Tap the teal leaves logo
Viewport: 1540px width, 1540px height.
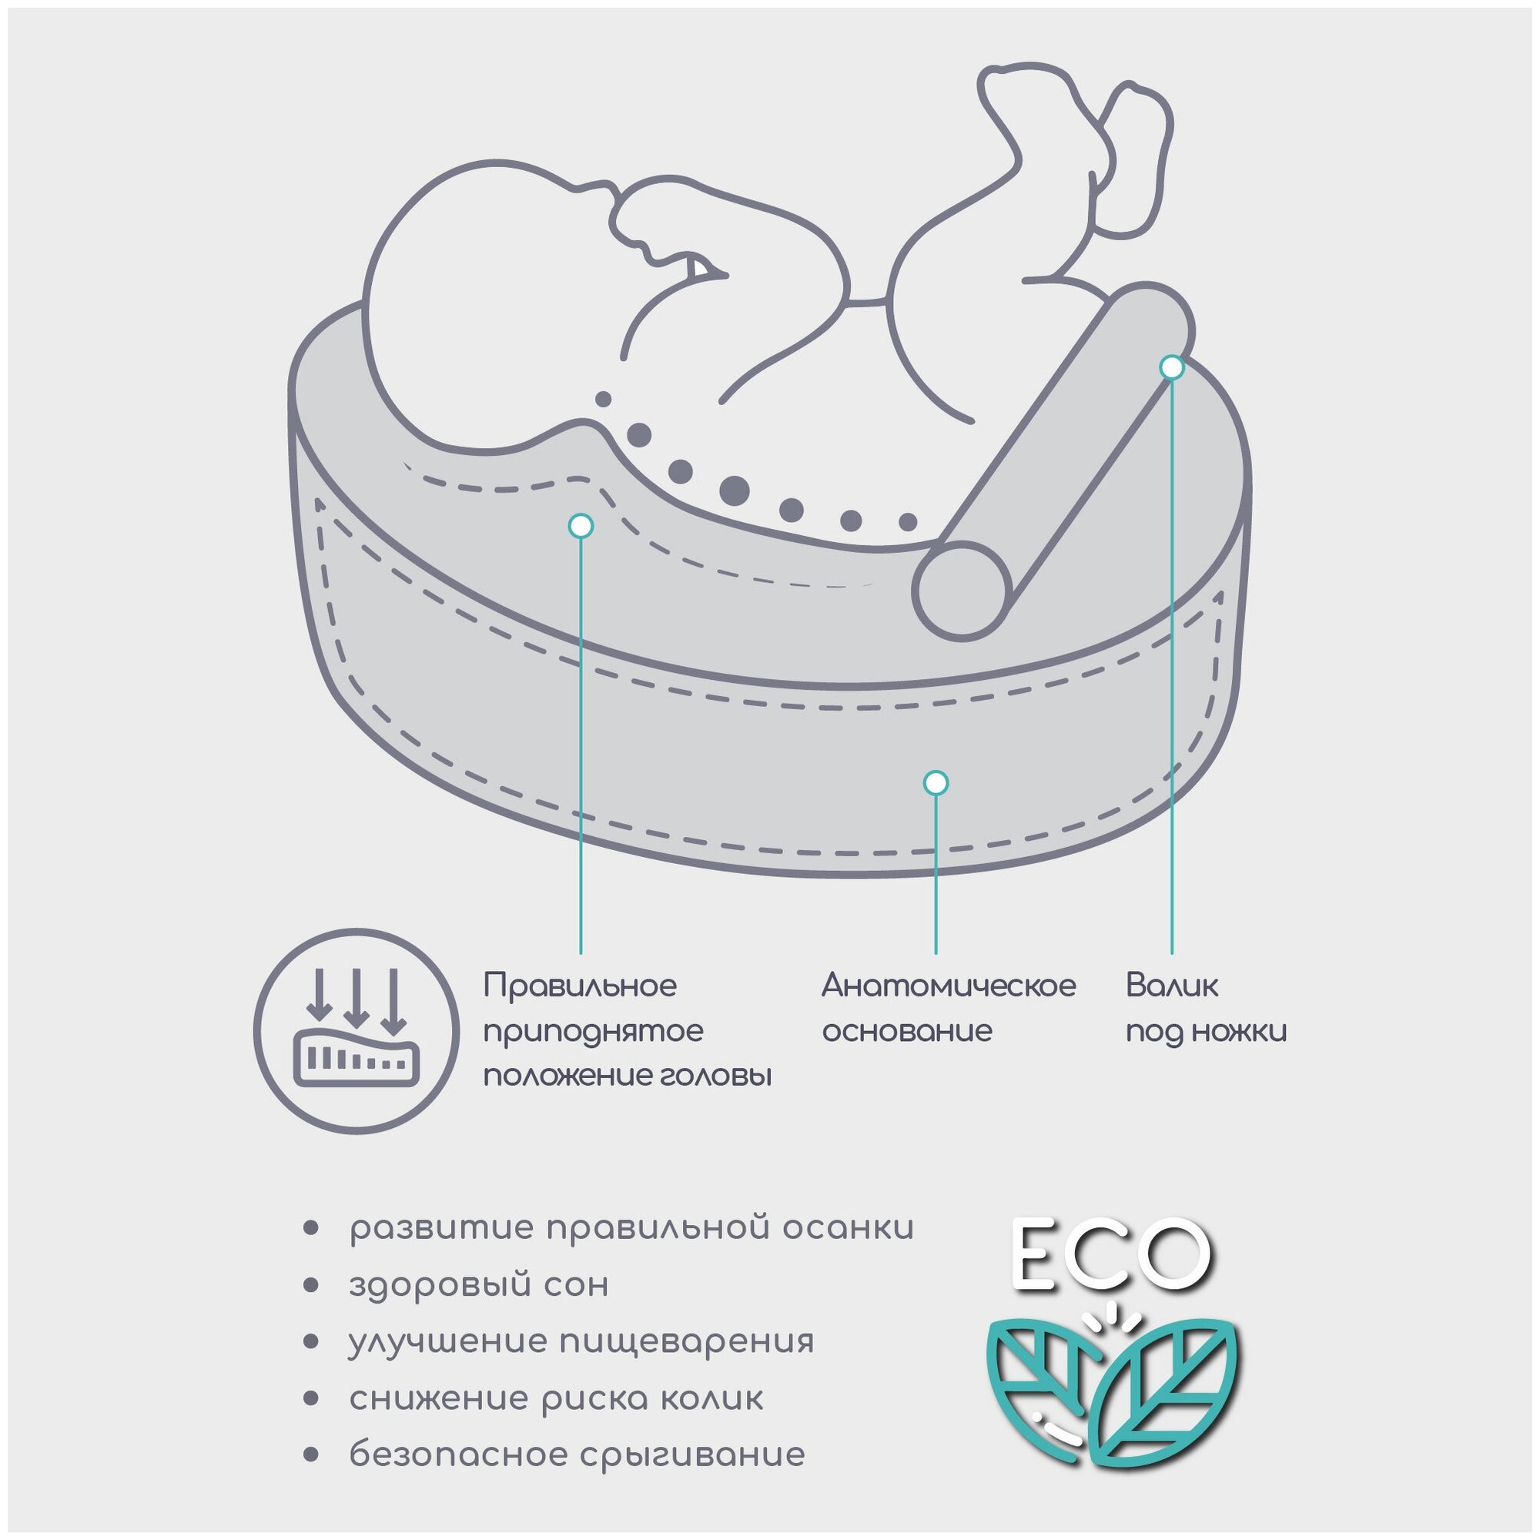pyautogui.click(x=1114, y=1392)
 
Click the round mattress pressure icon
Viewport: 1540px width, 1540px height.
pyautogui.click(x=357, y=1032)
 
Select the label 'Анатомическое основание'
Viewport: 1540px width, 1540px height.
pyautogui.click(x=949, y=1009)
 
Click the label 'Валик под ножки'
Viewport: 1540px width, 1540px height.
pyautogui.click(x=1206, y=1009)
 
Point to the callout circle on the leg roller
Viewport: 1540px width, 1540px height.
pyautogui.click(x=1172, y=367)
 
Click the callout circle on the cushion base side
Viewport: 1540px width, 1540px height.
pyautogui.click(x=936, y=783)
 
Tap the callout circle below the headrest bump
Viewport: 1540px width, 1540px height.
pyautogui.click(x=581, y=525)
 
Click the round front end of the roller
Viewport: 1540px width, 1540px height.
pyautogui.click(x=961, y=591)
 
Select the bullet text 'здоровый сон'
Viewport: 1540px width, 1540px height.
pyautogui.click(x=478, y=1285)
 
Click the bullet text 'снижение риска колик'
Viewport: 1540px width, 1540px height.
pyautogui.click(x=556, y=1398)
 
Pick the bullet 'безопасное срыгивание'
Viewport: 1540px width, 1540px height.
pyautogui.click(x=577, y=1455)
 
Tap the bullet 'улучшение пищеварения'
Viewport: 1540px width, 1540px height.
pyautogui.click(x=581, y=1341)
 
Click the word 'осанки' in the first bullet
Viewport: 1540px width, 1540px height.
pyautogui.click(x=847, y=1228)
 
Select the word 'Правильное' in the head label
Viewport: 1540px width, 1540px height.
pyautogui.click(x=580, y=986)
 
